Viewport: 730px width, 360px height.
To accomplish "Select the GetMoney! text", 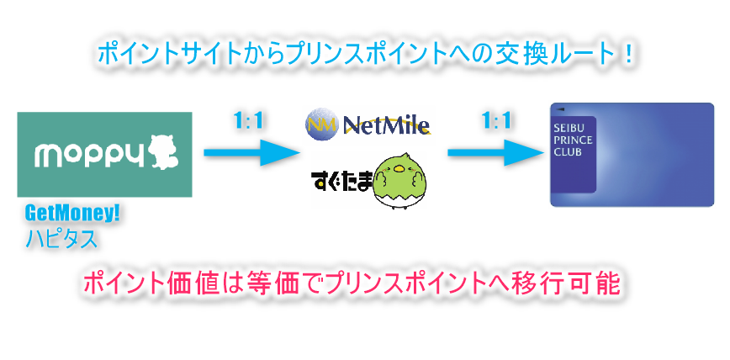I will [x=72, y=214].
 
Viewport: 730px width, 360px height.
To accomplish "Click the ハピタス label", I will [x=61, y=239].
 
